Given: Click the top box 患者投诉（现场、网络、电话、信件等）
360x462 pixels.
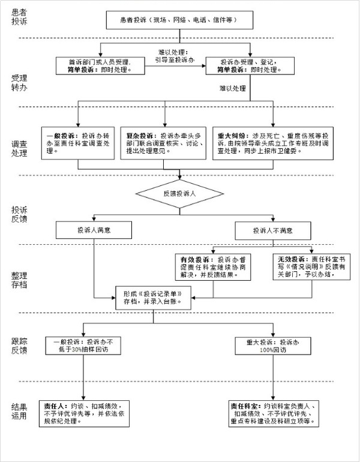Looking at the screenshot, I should (180, 20).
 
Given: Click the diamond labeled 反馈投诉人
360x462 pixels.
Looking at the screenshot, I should (180, 194).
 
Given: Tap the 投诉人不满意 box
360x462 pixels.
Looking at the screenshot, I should (273, 230).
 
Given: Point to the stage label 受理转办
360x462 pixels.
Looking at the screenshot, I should (19, 83).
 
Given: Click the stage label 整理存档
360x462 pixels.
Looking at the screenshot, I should (19, 279).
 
